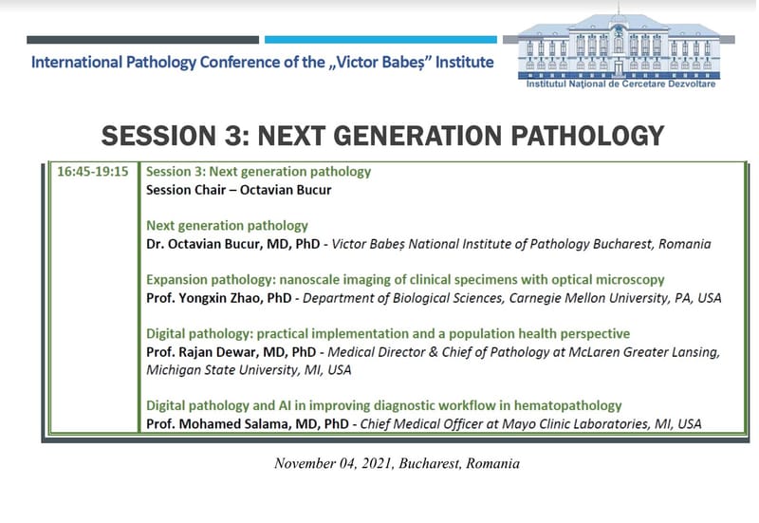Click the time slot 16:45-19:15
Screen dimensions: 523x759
pos(92,173)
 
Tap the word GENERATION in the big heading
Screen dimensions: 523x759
pos(440,135)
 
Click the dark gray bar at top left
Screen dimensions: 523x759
pos(142,40)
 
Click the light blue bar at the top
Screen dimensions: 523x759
pos(380,40)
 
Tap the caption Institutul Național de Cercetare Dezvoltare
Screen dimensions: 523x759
pos(621,84)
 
